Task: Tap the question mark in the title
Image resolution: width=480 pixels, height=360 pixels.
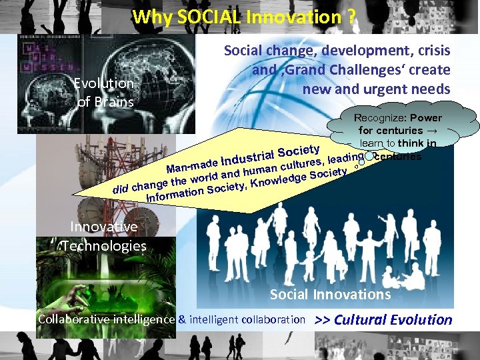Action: click(x=351, y=17)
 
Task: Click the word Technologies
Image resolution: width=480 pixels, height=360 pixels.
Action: click(x=103, y=246)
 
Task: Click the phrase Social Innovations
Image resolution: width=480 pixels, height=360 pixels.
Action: click(x=330, y=294)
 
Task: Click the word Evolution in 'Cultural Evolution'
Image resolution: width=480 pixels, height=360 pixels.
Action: click(x=421, y=319)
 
